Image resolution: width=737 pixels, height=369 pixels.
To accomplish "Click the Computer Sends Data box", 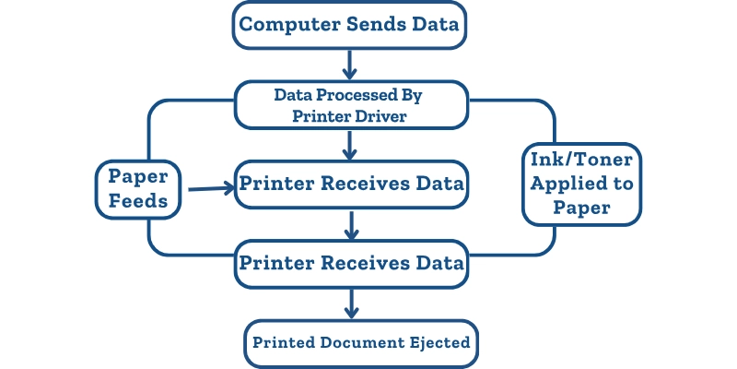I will click(x=349, y=25).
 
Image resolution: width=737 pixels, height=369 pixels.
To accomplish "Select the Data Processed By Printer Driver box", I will click(x=349, y=105).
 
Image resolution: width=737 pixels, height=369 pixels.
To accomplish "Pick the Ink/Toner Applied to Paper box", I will click(x=581, y=184).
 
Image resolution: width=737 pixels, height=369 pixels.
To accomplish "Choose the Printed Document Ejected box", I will click(x=361, y=343).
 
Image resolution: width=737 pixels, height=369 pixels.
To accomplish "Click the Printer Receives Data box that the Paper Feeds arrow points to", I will click(x=349, y=183).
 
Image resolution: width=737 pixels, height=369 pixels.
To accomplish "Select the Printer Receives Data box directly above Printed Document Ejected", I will click(x=349, y=263).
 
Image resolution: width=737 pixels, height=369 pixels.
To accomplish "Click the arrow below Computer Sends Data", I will click(x=349, y=64).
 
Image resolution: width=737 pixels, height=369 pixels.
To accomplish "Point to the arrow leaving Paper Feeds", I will click(x=210, y=189).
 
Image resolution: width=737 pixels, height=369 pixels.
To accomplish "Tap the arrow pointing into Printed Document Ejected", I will click(x=349, y=303).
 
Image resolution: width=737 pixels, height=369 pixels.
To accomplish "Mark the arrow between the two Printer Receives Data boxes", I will click(x=349, y=223).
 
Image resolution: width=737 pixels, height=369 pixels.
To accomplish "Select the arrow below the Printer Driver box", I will click(x=349, y=144).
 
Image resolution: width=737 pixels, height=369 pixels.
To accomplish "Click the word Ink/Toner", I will click(x=581, y=159).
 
